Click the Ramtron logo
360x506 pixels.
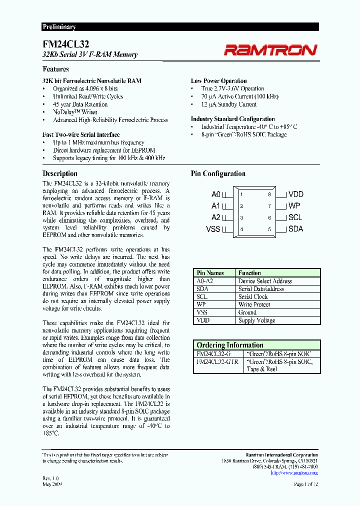[270, 49]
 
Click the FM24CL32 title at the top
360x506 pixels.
[59, 44]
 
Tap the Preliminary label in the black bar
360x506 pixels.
[59, 27]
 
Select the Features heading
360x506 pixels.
[55, 69]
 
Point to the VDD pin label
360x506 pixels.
[296, 194]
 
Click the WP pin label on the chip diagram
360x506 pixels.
[294, 206]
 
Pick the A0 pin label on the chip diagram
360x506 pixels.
[215, 194]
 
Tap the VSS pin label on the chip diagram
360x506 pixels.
[213, 229]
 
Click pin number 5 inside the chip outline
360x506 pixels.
[269, 229]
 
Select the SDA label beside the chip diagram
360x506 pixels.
[296, 229]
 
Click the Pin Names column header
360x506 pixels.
[210, 273]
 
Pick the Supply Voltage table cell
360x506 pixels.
[257, 320]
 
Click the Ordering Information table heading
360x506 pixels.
[230, 345]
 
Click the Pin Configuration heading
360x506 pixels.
[218, 174]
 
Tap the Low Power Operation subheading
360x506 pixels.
[218, 81]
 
